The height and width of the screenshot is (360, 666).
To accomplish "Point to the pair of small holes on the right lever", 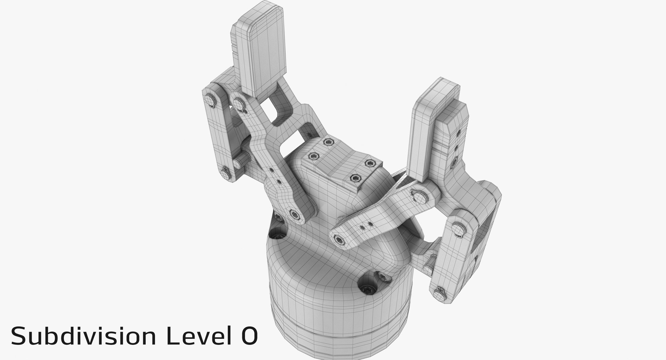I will pyautogui.click(x=366, y=226).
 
